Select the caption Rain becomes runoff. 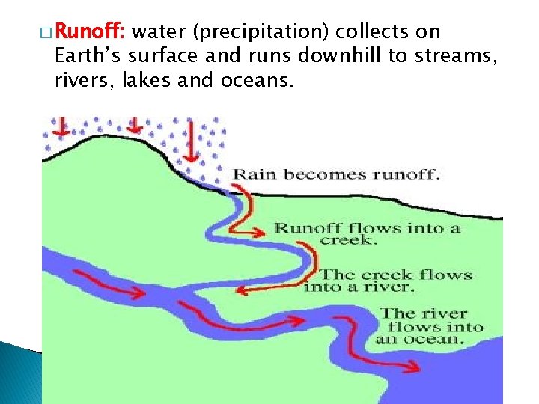coord(336,175)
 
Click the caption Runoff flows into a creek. coord(367,233)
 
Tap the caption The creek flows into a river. coord(389,281)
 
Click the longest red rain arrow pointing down coord(191,140)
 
